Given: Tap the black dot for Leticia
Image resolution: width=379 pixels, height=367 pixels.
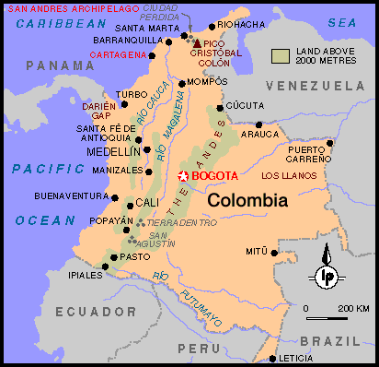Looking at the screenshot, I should click(272, 359).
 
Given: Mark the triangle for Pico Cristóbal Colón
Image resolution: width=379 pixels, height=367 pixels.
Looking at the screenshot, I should click(196, 42).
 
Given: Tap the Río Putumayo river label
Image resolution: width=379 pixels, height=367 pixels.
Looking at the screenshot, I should click(189, 297).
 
